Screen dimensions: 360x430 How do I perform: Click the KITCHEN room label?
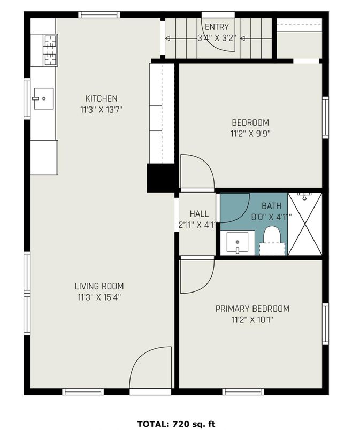coord(101,98)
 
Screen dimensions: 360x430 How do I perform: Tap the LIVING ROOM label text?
coord(99,286)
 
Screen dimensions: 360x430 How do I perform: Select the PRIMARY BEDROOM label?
coord(252,309)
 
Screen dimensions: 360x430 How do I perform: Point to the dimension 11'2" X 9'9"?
coord(250,134)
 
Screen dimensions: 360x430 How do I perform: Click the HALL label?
coord(199,213)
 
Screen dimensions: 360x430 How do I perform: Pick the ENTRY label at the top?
coord(217,27)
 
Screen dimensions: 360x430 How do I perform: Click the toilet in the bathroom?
coord(272,241)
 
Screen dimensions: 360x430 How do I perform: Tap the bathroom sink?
coord(238,243)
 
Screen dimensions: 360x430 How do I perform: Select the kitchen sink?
coord(43,98)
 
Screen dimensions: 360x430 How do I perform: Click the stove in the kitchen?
coord(50,50)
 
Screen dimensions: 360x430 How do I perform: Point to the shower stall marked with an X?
coord(304,224)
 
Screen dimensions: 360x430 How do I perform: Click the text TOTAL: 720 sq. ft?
coord(177,424)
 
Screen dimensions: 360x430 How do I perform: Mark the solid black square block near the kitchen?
coord(161,178)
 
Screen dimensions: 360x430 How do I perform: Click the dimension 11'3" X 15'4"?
coord(99,297)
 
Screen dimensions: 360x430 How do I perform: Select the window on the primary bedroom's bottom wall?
coord(243,391)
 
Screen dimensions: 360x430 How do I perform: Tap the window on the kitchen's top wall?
coord(99,15)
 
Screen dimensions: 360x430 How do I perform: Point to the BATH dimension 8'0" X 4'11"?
coord(271,217)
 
